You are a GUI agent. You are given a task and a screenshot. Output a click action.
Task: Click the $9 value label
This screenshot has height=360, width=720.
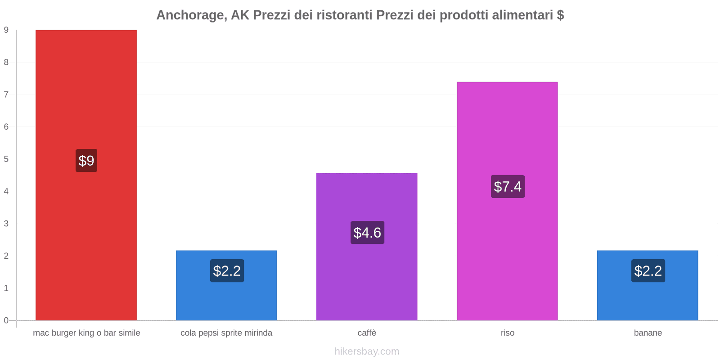[86, 161]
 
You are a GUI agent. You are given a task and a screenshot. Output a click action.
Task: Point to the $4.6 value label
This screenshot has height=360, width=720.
[367, 233]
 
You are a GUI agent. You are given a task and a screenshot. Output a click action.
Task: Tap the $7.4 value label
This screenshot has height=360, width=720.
[508, 186]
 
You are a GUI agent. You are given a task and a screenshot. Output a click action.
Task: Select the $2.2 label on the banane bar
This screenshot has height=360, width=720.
[648, 271]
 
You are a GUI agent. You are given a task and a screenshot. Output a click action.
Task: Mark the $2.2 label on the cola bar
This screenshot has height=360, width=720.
[227, 271]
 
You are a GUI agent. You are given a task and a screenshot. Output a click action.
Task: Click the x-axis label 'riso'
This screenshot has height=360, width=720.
[507, 333]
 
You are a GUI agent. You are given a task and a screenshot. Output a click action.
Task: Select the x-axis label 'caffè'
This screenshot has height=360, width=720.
[367, 333]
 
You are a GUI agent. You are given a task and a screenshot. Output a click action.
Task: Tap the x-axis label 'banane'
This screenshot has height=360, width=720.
[648, 333]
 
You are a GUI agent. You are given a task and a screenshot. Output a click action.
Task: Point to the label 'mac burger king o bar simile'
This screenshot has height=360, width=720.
[86, 333]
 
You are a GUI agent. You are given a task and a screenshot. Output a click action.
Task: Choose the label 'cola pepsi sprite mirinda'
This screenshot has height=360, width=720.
[226, 333]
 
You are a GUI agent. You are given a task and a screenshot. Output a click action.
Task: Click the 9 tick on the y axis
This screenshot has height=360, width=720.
[6, 30]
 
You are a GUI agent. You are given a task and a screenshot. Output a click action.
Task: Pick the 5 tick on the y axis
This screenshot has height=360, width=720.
[6, 159]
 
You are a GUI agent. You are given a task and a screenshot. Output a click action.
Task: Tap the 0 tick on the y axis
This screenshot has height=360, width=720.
[6, 320]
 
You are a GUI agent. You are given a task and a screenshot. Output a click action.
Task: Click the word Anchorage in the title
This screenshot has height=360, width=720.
[191, 15]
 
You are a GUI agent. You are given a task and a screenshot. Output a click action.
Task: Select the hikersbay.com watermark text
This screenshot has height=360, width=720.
[367, 351]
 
